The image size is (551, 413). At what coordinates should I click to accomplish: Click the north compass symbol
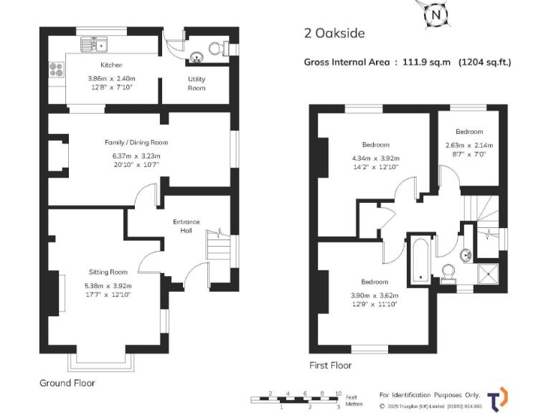point(435,14)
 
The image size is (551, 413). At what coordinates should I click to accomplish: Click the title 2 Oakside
point(335,33)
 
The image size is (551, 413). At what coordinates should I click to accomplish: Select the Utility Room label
point(197,83)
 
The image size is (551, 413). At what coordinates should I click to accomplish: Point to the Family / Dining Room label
point(136,143)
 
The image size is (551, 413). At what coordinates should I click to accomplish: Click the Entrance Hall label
point(187,226)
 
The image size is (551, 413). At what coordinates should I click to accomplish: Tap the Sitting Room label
point(108,272)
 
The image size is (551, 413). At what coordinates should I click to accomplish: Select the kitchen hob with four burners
point(55,70)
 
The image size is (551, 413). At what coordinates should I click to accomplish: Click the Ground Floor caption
point(67,383)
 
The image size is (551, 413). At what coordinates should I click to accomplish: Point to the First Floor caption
point(330,366)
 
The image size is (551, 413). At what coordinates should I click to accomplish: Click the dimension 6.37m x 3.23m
point(136,156)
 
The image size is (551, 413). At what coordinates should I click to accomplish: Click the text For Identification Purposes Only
point(430,395)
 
